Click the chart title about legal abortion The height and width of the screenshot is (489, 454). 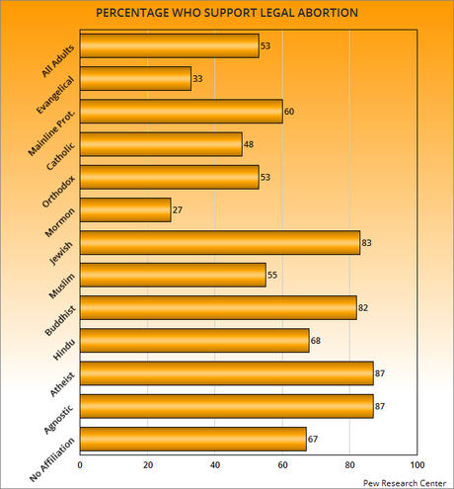point(227,13)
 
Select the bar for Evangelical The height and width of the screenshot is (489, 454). point(135,78)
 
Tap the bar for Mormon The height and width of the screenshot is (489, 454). point(125,209)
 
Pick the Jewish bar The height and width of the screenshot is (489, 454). point(219,242)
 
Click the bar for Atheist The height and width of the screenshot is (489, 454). point(226,372)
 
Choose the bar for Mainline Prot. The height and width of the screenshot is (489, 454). point(181,112)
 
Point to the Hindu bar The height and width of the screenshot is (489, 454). point(194,340)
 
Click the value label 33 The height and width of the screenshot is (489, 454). point(198,78)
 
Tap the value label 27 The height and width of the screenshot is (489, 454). point(179,209)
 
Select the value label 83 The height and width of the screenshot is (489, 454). point(368,242)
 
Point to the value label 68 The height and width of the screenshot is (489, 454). point(317,340)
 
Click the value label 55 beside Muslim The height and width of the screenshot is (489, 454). point(273,275)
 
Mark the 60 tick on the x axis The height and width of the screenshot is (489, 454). point(282,463)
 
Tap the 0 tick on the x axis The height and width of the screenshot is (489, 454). point(80,463)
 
